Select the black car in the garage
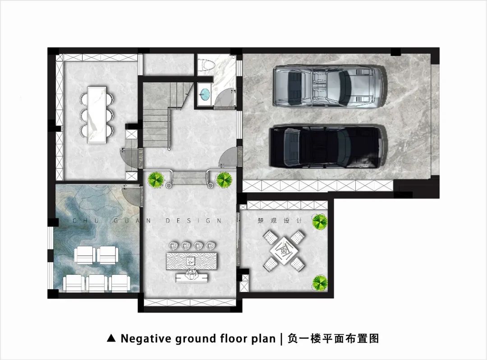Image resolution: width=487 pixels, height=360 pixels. point(326,146)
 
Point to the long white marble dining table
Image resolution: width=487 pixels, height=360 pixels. point(97,115)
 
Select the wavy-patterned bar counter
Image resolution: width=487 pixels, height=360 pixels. point(192,261)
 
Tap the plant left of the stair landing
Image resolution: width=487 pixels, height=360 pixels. point(156,179)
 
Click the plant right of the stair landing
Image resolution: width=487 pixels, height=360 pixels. point(224,180)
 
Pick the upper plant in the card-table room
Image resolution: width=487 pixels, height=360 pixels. point(320,221)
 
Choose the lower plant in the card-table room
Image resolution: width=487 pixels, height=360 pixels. point(320,282)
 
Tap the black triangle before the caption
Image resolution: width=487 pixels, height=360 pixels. point(111,338)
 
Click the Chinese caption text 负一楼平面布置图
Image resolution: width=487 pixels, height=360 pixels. point(333,338)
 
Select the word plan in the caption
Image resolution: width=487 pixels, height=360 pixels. point(263,339)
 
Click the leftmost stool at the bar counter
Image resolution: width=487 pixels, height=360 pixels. point(173,246)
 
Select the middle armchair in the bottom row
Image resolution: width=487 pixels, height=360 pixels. point(96,283)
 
